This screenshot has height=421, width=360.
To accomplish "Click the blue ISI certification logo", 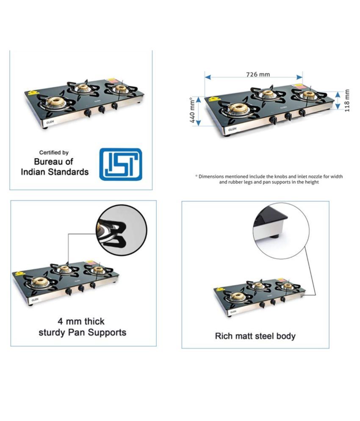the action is (121, 164).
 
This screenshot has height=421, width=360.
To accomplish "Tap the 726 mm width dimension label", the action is (258, 74).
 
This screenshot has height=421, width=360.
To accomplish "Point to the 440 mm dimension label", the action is (192, 110).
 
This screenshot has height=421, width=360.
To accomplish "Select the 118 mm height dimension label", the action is (347, 100).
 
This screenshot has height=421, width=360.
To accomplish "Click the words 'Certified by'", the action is (54, 152).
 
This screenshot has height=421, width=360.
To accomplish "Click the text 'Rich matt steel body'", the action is (255, 336).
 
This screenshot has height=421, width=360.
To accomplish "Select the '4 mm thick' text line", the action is (81, 321).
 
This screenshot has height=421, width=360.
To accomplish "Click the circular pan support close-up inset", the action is (122, 230).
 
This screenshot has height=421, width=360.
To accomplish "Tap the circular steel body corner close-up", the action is (281, 231).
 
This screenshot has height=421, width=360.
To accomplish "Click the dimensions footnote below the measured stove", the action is (269, 179).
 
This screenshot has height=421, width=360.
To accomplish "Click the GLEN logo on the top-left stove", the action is (50, 122).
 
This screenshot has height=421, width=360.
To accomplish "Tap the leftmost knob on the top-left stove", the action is (88, 113).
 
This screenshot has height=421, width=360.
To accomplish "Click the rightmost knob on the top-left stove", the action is (115, 106).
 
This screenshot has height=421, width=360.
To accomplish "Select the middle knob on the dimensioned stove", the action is (288, 116).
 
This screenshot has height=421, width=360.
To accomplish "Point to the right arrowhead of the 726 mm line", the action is (299, 77).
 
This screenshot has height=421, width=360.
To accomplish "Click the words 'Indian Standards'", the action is (55, 172).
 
